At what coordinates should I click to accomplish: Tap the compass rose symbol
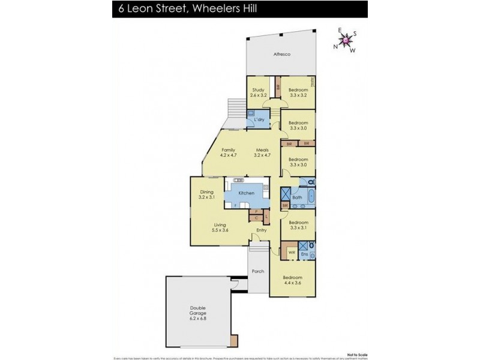[346, 40]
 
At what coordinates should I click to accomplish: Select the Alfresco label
[282, 55]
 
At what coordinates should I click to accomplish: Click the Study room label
[258, 92]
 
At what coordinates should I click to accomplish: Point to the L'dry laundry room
[259, 120]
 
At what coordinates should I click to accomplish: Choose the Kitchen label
[247, 193]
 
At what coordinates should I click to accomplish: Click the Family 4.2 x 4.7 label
[228, 152]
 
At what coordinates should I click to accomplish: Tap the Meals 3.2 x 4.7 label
[262, 152]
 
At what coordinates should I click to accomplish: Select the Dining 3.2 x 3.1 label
[206, 194]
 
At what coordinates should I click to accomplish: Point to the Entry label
[261, 230]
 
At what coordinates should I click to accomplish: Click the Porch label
[258, 271]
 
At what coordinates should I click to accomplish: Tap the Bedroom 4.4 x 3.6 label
[293, 280]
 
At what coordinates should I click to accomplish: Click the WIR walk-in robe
[292, 253]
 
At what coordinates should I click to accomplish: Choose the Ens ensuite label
[304, 254]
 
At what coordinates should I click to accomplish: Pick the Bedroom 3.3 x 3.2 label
[298, 92]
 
